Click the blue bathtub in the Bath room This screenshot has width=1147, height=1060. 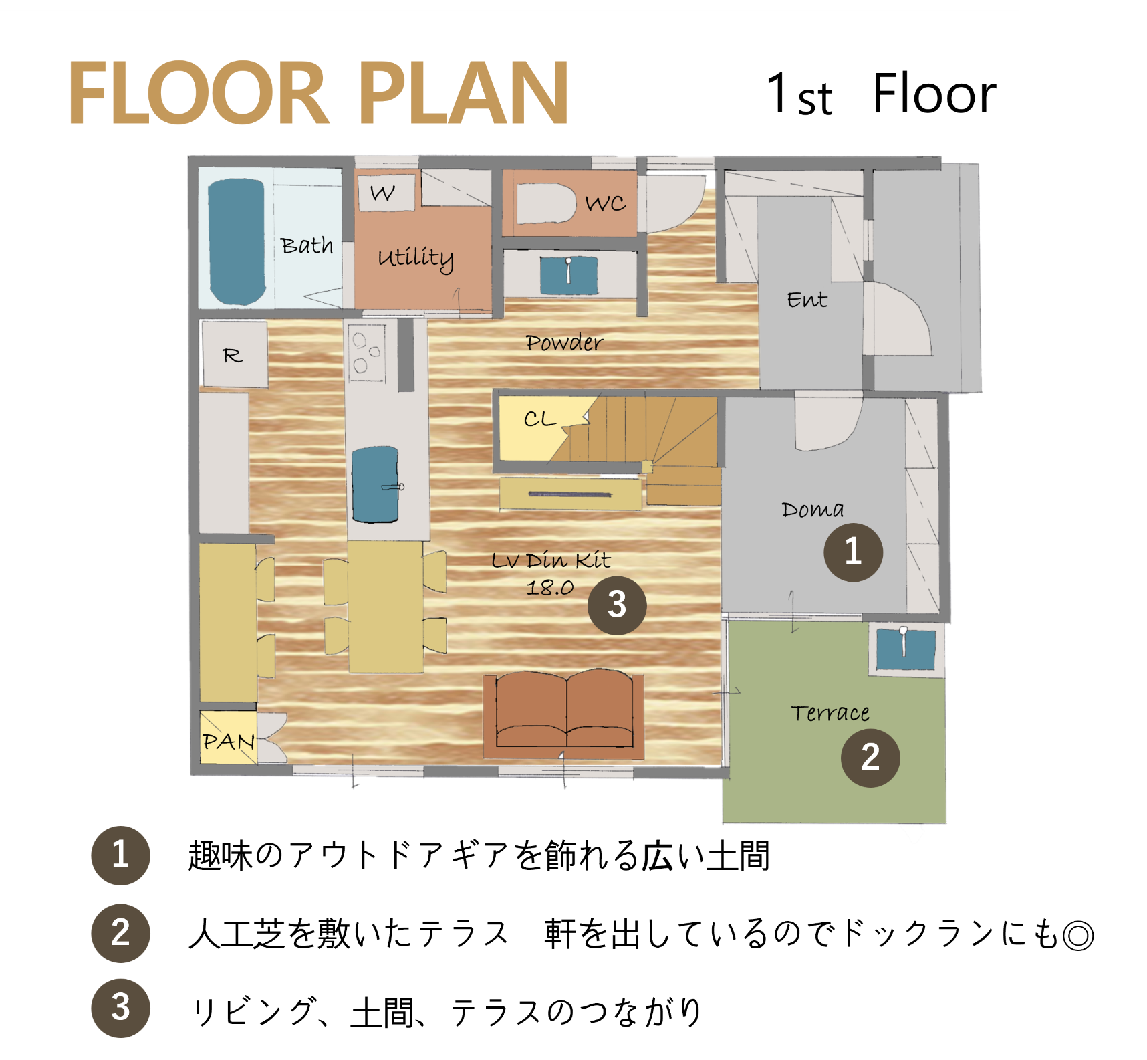(x=237, y=241)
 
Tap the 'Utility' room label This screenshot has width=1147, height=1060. (x=416, y=258)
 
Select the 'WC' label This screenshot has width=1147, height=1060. (x=606, y=203)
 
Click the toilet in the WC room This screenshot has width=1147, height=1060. (x=545, y=203)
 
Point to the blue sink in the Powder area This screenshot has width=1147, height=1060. (x=569, y=275)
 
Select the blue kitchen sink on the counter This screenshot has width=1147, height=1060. (x=376, y=485)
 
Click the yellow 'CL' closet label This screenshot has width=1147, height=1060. (x=540, y=419)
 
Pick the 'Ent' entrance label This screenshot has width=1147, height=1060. (x=807, y=300)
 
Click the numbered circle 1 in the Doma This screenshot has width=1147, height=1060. (x=853, y=552)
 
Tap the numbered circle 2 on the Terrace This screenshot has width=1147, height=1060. (x=870, y=758)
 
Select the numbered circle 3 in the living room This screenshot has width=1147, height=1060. (x=617, y=605)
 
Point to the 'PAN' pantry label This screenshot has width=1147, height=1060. (x=229, y=741)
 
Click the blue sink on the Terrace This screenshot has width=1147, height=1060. (x=906, y=648)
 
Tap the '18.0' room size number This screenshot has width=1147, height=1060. (x=549, y=588)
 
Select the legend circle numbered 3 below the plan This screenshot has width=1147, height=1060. (x=120, y=1009)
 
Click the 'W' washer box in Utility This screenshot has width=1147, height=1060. (x=384, y=193)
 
